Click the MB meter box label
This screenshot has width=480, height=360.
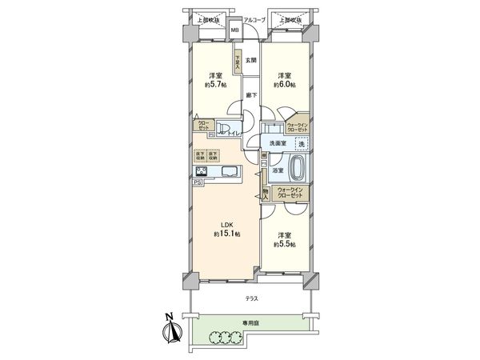[x=235, y=31]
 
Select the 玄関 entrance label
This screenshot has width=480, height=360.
[x=250, y=60]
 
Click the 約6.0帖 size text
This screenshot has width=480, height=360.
[x=285, y=84]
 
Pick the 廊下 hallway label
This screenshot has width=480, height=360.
[x=250, y=94]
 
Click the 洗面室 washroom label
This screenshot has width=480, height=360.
[x=278, y=144]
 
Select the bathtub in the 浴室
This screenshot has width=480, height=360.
[x=298, y=169]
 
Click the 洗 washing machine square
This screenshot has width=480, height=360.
[x=301, y=143]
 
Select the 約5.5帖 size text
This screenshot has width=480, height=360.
[x=284, y=244]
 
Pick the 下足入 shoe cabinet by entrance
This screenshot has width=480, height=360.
[x=238, y=61]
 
